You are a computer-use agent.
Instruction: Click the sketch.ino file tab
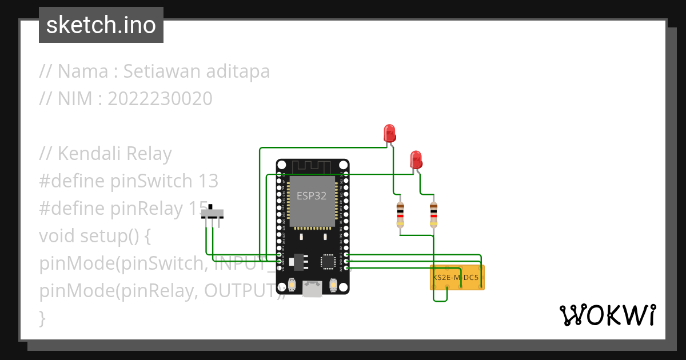(101, 25)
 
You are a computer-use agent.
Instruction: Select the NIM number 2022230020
(159, 99)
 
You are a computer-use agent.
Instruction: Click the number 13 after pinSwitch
(209, 181)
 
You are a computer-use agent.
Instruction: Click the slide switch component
(213, 214)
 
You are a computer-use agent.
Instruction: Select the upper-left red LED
(390, 133)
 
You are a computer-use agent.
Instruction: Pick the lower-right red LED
(416, 159)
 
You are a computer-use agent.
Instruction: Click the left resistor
(400, 214)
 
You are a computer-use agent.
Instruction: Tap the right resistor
(434, 214)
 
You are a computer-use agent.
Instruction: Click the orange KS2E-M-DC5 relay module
(457, 277)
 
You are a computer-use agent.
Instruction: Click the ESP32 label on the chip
(312, 195)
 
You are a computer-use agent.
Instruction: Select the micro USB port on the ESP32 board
(312, 289)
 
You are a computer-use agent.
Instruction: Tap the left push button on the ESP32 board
(292, 284)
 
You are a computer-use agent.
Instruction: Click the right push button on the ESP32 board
(333, 284)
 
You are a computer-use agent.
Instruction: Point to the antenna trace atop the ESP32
(312, 166)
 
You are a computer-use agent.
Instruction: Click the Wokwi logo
(607, 315)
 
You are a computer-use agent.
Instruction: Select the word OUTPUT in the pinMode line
(241, 290)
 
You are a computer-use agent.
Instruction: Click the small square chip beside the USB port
(328, 261)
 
